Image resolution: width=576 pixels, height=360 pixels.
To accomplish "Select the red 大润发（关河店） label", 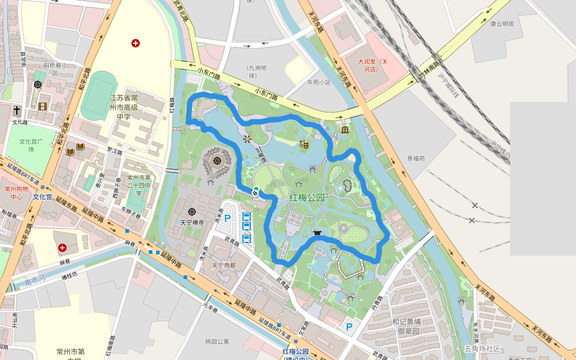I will pos(373,65).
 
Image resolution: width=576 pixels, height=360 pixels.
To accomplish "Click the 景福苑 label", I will pos(416,158).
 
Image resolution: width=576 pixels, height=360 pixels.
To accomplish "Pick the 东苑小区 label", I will pos(319,82).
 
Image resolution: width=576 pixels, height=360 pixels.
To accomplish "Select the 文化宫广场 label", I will pos(31,145).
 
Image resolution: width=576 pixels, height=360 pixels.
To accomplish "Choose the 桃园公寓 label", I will pos(217,341).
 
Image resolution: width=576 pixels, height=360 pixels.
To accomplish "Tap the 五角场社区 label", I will pos(482,348).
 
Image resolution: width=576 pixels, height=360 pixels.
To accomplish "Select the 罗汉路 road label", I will pos(114,149).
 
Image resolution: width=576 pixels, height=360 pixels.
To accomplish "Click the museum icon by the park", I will pos(345,130).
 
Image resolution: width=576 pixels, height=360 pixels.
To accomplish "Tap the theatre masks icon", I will pos(304,144).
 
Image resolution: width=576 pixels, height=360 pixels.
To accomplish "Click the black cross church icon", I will pos(17,110).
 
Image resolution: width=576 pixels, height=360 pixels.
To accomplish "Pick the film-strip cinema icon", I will pos(42,106).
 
